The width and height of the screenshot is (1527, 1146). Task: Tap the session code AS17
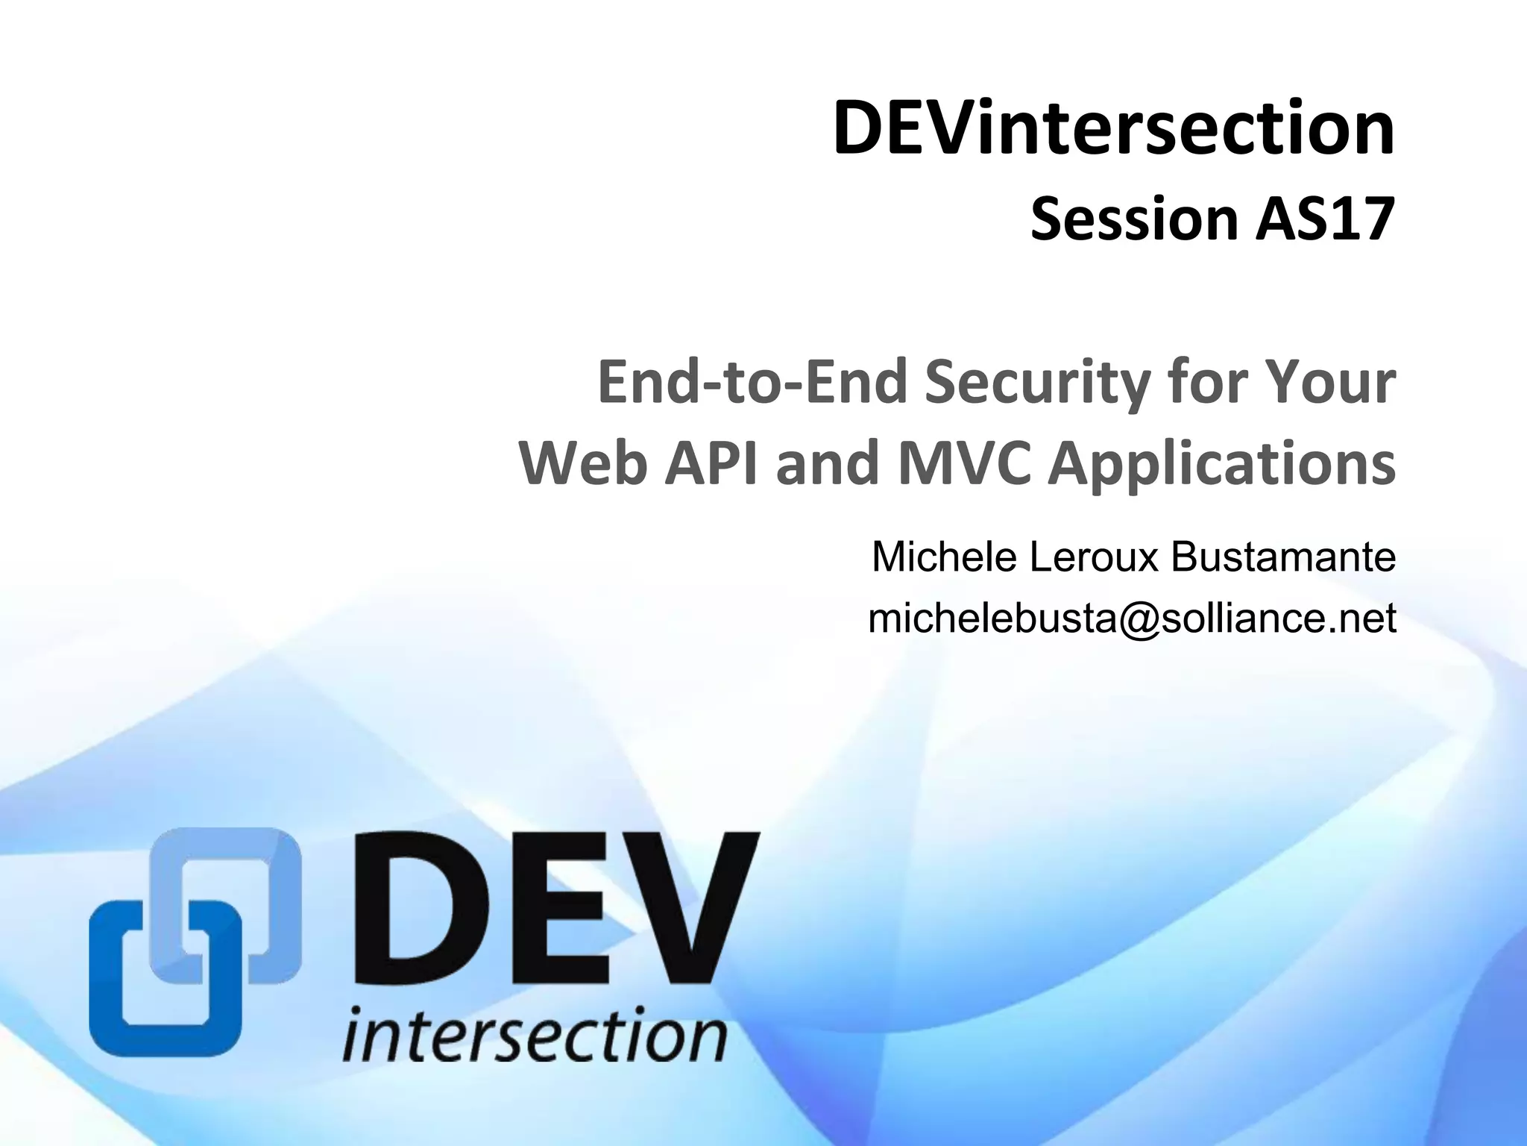pos(1323,220)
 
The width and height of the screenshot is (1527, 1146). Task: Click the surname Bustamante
pos(1283,557)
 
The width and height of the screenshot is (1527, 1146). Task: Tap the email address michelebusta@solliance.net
pos(1132,619)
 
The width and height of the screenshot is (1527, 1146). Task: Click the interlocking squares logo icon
pos(195,942)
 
